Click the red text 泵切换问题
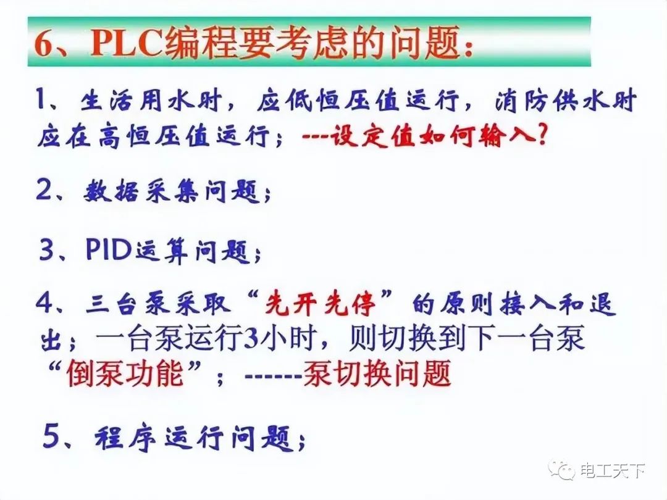point(377,374)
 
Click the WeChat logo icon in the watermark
point(563,470)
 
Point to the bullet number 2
point(46,191)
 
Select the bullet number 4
point(46,304)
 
